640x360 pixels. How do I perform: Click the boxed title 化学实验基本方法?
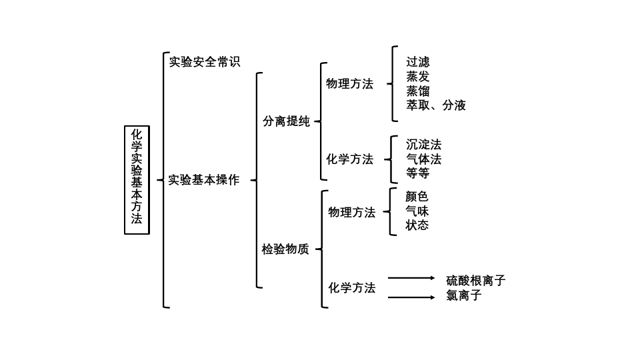(x=137, y=180)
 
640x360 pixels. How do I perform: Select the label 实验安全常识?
(x=205, y=62)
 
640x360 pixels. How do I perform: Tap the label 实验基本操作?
(x=204, y=180)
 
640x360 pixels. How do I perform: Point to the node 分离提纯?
(x=286, y=121)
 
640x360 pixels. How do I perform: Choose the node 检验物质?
(x=285, y=249)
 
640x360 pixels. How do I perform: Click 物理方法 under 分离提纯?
(x=350, y=84)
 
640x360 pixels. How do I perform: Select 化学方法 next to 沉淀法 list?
(x=350, y=159)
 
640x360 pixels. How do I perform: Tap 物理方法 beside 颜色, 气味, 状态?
(x=352, y=212)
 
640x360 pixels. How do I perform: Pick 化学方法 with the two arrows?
(x=352, y=288)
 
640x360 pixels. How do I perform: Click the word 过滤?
(x=417, y=62)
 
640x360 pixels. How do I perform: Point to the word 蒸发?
(x=417, y=76)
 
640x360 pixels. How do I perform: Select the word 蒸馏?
(x=417, y=91)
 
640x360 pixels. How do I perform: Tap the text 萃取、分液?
(x=436, y=105)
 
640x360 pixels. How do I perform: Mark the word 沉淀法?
(x=424, y=145)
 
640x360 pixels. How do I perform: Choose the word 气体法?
(x=424, y=159)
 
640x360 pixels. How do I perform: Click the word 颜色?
(x=417, y=196)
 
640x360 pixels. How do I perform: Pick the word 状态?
(x=417, y=225)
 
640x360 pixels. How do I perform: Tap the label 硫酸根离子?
(x=476, y=281)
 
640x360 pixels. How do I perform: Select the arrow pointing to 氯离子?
(x=411, y=297)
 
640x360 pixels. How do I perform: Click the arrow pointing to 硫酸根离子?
(x=411, y=278)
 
